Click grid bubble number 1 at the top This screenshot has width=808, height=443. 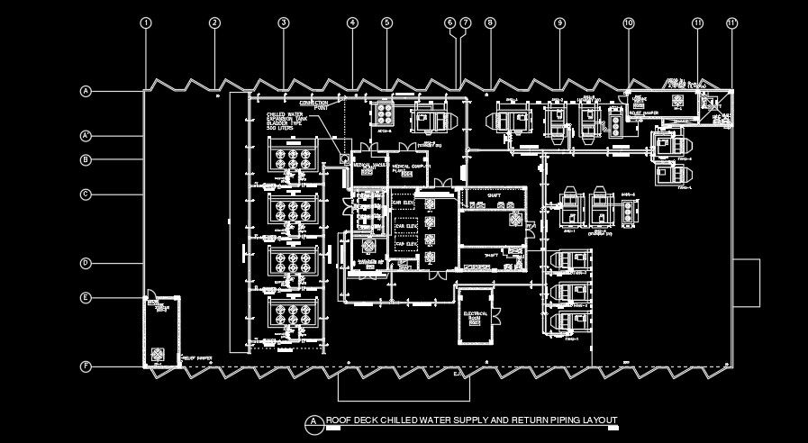pyautogui.click(x=146, y=23)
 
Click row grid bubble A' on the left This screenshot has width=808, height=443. pyautogui.click(x=86, y=136)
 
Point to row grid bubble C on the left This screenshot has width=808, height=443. pyautogui.click(x=86, y=194)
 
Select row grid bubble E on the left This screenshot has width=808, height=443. pyautogui.click(x=86, y=297)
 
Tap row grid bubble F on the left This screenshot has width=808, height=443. pyautogui.click(x=86, y=366)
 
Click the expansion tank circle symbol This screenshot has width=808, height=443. pyautogui.click(x=345, y=159)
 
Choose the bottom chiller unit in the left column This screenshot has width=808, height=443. pyautogui.click(x=293, y=314)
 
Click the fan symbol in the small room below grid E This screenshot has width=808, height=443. pyautogui.click(x=159, y=353)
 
